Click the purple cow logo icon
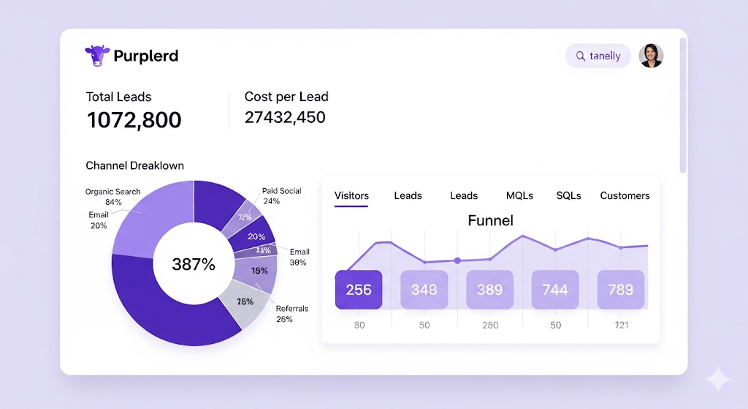[x=97, y=56]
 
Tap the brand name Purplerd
[x=145, y=56]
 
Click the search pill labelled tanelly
[x=598, y=56]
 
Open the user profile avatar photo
[x=651, y=56]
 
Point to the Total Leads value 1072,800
[x=134, y=120]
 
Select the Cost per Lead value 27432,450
[x=285, y=117]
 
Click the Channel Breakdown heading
[x=134, y=165]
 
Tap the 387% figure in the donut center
[x=194, y=265]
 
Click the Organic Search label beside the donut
[x=112, y=192]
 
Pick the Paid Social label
[x=281, y=191]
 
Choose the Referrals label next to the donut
[x=291, y=309]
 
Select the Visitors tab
[x=351, y=195]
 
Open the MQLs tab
[x=519, y=195]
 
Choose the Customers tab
[x=625, y=195]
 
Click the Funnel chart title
[x=490, y=220]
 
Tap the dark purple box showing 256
[x=359, y=290]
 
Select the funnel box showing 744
[x=555, y=290]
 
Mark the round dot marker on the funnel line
[x=457, y=260]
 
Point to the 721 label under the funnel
[x=621, y=325]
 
